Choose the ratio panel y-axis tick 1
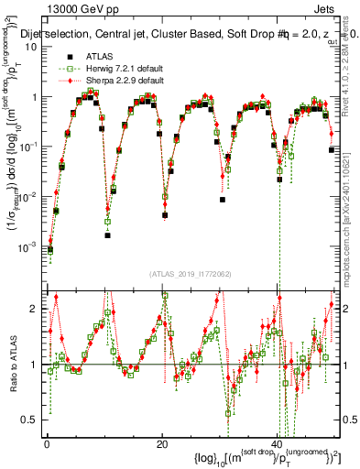click(x=36, y=365)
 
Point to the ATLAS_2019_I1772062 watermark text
click(x=191, y=273)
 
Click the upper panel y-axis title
click(x=13, y=156)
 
